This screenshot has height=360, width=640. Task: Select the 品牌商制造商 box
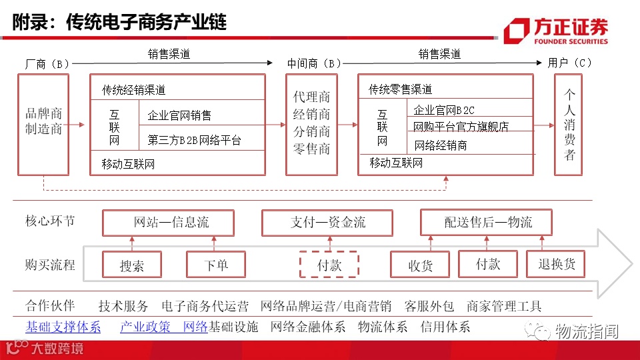(x=44, y=124)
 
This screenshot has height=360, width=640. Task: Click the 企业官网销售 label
(x=179, y=115)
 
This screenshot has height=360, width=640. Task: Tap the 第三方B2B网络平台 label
(x=194, y=140)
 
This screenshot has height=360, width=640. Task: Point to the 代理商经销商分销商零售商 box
(x=311, y=124)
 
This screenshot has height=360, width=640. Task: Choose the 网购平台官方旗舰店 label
(x=461, y=127)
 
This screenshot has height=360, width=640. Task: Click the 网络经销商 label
(x=441, y=145)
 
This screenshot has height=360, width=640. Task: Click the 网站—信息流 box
(x=168, y=223)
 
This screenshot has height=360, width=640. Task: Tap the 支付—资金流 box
(x=328, y=223)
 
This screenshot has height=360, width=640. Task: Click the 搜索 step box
(x=132, y=265)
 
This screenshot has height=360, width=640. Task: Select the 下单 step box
(x=216, y=265)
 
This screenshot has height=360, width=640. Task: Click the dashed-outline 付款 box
(x=329, y=265)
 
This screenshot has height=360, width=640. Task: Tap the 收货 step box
(x=420, y=265)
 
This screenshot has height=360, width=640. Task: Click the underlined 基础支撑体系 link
(x=63, y=327)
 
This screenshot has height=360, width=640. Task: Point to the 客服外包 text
(x=429, y=307)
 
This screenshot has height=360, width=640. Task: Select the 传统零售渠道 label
(x=401, y=89)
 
